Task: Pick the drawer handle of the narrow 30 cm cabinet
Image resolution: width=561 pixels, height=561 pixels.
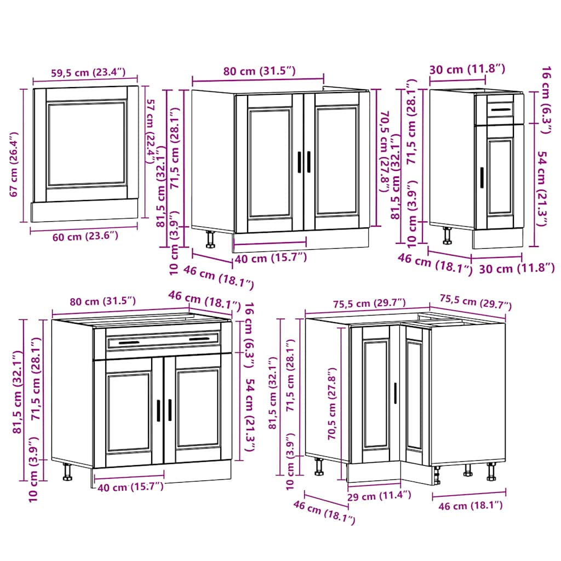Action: pyautogui.click(x=500, y=110)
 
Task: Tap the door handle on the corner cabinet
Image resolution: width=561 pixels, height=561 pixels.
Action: pyautogui.click(x=395, y=393)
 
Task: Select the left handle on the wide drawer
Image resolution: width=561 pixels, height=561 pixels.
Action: pyautogui.click(x=129, y=344)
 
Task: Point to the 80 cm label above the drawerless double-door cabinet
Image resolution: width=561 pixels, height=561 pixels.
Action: pyautogui.click(x=260, y=71)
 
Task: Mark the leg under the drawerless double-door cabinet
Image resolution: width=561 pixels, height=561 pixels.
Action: pyautogui.click(x=210, y=239)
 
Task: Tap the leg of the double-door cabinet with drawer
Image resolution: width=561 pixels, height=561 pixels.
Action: pyautogui.click(x=67, y=471)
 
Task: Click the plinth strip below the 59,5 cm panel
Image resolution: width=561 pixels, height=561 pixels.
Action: pyautogui.click(x=84, y=210)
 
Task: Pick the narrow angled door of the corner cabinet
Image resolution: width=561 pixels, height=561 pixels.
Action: pyautogui.click(x=415, y=394)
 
